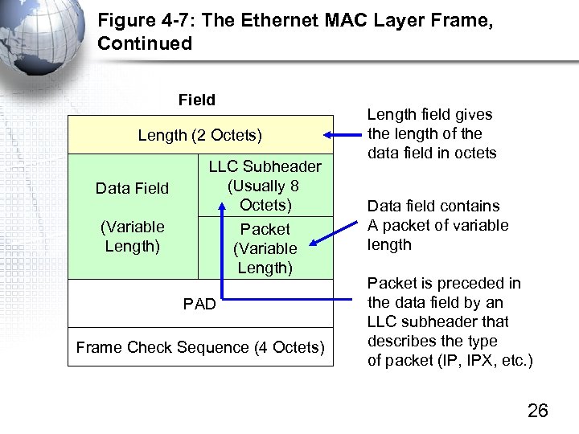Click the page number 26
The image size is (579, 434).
point(537,411)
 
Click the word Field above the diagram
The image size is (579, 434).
point(197,100)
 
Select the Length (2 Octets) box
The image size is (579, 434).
point(200,135)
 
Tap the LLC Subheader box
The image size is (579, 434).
point(265,185)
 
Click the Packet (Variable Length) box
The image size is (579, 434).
point(265,248)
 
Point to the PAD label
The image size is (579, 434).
point(199,305)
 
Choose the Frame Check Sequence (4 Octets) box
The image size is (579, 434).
point(200,347)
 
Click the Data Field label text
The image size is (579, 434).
point(132,188)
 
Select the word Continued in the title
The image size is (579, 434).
point(145,43)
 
